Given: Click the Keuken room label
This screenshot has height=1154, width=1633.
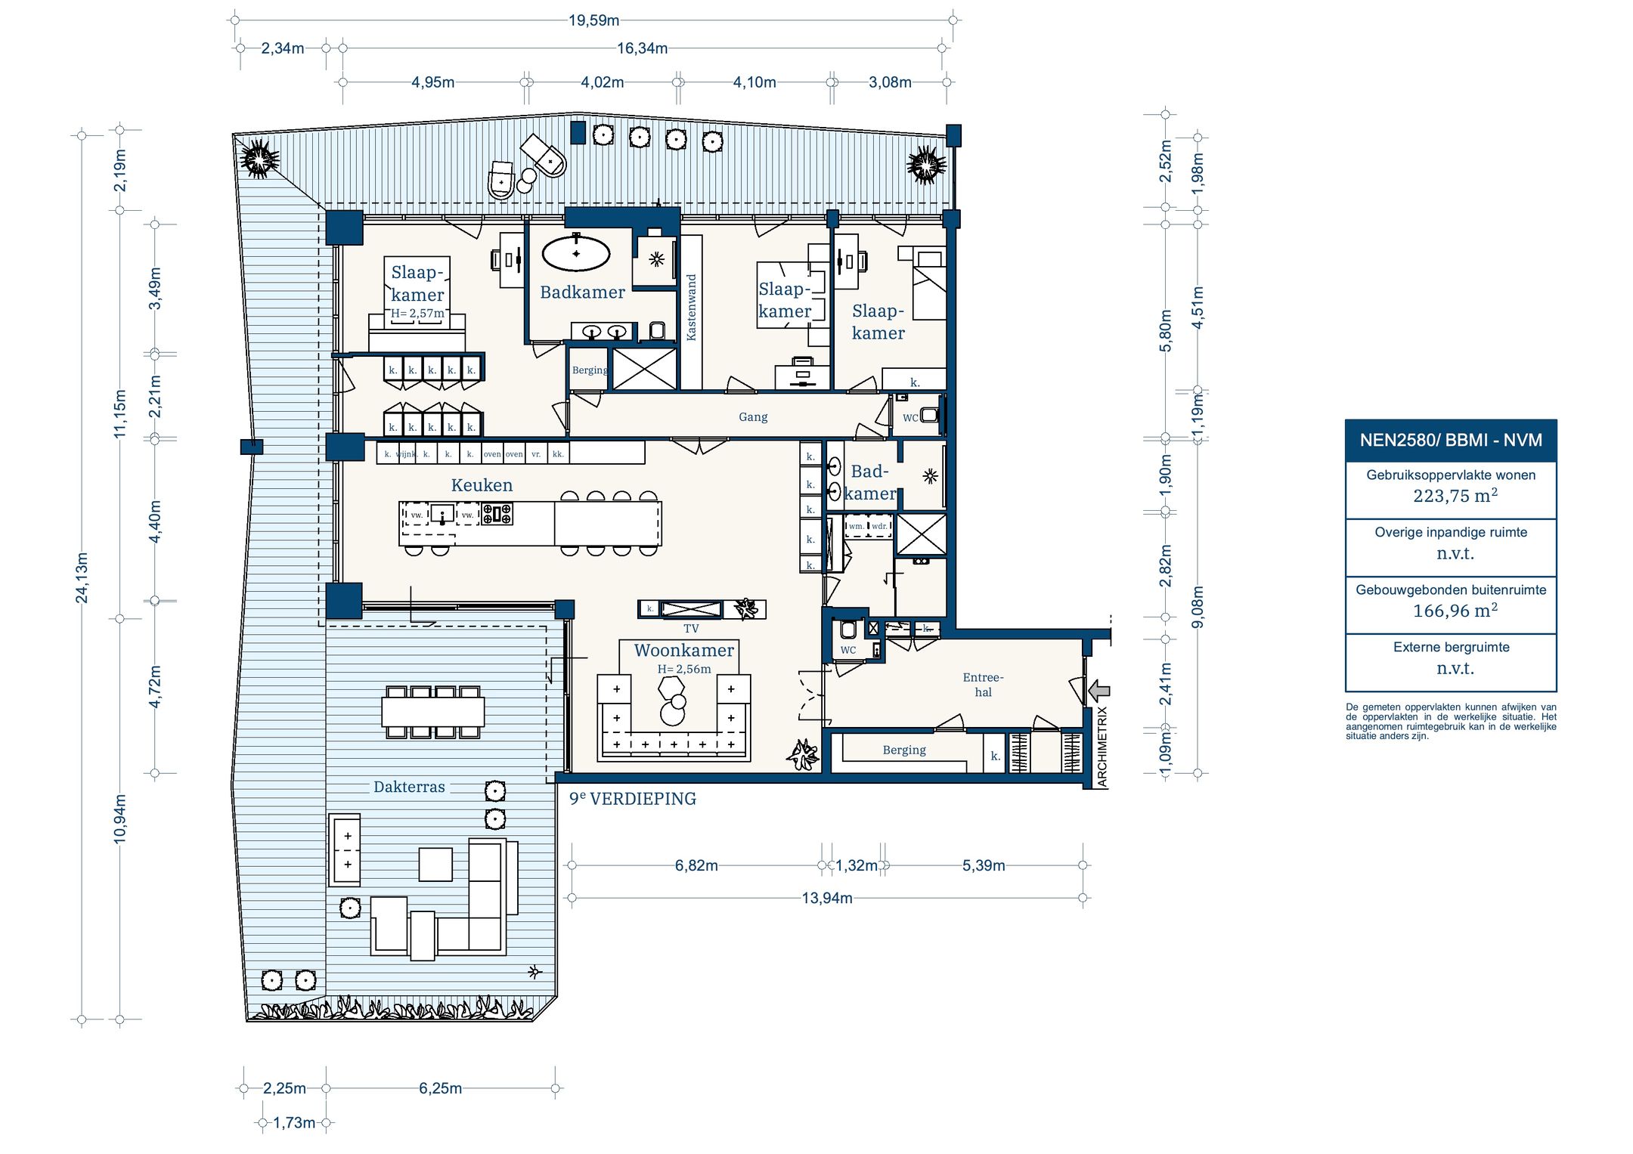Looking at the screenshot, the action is point(482,485).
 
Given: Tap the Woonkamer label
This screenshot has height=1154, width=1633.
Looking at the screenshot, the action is point(683,650).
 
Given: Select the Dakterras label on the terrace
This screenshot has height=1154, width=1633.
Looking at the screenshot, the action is point(409,787).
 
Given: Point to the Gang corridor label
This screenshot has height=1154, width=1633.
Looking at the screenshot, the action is point(753,417).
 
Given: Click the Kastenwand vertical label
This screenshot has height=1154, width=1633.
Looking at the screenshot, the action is point(691,307).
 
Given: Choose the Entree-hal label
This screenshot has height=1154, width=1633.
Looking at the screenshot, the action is point(983,685).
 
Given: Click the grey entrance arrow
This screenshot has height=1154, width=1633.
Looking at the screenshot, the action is point(1099,690).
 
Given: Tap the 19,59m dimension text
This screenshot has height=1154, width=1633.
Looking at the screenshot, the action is point(593,20).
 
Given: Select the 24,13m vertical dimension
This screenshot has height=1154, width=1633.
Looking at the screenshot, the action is point(82,578).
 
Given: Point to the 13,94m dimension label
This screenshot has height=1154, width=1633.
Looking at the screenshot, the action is point(827,898).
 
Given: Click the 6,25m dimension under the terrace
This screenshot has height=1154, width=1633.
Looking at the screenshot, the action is point(440,1088).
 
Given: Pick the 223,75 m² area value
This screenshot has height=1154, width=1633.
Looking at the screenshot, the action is point(1455,496).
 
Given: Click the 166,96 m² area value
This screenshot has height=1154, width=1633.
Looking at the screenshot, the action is point(1455,611).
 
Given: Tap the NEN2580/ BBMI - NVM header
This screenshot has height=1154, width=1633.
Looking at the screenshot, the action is point(1451,440).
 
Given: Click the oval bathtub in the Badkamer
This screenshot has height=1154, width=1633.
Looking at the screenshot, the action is point(576,254).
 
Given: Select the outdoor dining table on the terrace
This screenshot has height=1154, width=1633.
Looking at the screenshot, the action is point(433,711).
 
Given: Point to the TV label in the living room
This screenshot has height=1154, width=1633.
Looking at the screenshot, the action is point(691,629).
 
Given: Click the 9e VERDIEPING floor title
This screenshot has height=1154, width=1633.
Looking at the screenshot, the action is point(633,799).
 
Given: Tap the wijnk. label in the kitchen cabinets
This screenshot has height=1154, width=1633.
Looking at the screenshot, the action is point(406,454).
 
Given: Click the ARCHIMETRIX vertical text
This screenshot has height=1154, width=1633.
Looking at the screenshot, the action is point(1102,747).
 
